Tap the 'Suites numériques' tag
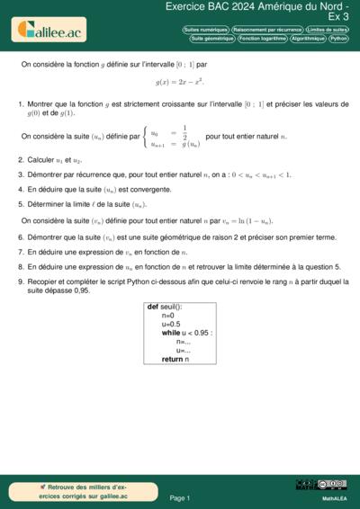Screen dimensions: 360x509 pos(205,30)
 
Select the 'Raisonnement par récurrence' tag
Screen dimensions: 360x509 pos(266,30)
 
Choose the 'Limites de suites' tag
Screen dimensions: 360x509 pos(328,30)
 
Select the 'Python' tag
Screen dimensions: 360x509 pos(339,39)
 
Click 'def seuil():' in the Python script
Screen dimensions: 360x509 pos(166,308)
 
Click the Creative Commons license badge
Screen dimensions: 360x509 pos(321,485)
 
